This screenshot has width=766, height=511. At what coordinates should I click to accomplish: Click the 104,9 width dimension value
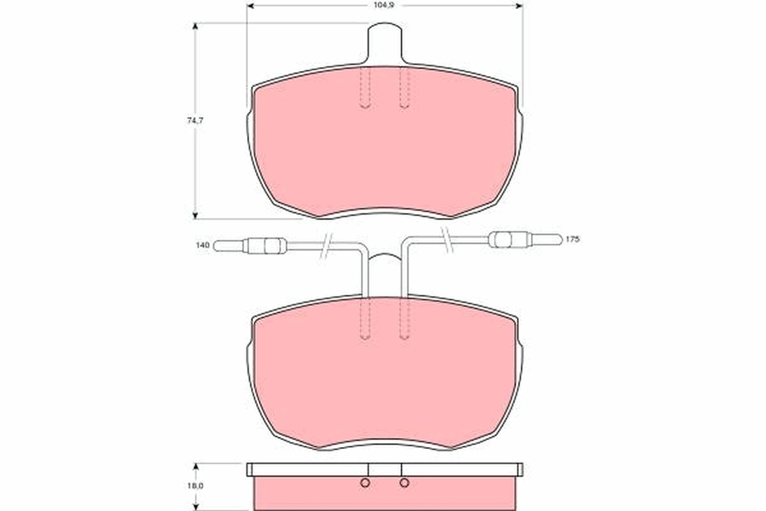tap(384, 6)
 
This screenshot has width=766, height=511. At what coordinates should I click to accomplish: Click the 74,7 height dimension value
tap(195, 121)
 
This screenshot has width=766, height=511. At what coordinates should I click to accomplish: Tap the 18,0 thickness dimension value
tap(195, 485)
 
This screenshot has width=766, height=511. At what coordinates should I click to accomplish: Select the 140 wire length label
tap(202, 245)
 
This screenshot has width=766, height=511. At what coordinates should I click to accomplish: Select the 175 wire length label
tap(573, 240)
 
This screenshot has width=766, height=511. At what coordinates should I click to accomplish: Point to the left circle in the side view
tap(365, 483)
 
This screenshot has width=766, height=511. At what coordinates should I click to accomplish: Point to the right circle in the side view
tap(404, 483)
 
